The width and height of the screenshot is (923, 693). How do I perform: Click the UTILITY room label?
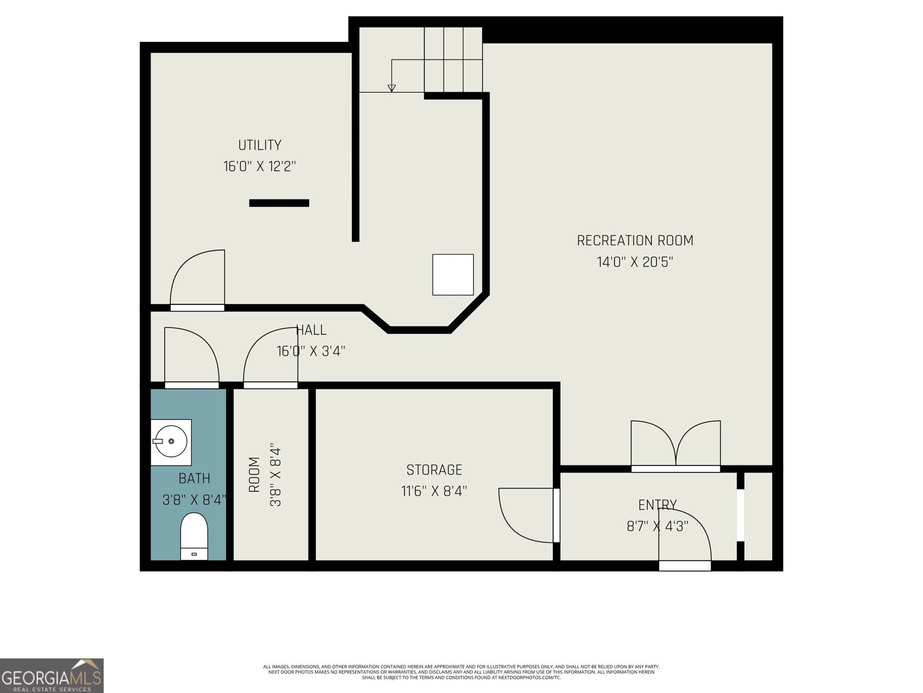click(260, 145)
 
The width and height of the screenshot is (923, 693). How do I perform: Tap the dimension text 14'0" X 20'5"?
click(635, 262)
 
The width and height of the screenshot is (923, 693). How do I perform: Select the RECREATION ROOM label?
click(635, 240)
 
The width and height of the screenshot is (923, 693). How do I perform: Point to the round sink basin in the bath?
click(170, 442)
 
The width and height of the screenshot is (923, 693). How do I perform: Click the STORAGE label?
click(434, 470)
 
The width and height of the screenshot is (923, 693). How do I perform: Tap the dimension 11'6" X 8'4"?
click(434, 491)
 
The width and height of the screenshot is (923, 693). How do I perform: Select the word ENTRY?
click(657, 505)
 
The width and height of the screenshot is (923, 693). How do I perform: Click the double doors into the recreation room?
click(676, 445)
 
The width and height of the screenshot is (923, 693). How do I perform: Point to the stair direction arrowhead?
click(392, 88)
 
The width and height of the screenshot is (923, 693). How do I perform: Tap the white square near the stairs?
click(453, 275)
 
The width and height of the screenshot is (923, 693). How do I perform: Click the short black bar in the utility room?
click(279, 203)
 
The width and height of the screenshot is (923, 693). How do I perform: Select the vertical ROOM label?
click(254, 475)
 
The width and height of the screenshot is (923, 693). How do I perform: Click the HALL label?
click(311, 330)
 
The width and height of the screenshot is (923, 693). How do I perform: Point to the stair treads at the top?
click(453, 58)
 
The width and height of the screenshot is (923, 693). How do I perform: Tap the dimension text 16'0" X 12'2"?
click(260, 167)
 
